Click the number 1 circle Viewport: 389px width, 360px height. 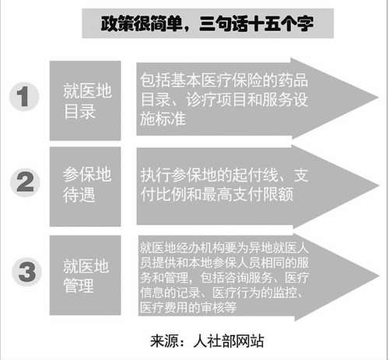point(24,96)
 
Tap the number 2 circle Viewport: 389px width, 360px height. point(25,182)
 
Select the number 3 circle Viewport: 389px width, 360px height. point(26,272)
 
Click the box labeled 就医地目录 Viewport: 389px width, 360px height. point(85,100)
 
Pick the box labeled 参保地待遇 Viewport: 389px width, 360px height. point(85,187)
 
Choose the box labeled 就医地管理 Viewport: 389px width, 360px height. point(85,275)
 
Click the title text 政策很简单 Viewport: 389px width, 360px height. point(142,23)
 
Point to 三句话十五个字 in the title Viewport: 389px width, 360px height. point(257,23)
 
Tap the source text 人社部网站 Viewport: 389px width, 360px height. point(229,341)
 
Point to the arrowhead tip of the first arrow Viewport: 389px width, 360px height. point(378,98)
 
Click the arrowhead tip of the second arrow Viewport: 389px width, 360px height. point(379,186)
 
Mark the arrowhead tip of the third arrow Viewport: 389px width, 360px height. point(380,276)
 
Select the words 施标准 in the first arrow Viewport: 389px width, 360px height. point(163,119)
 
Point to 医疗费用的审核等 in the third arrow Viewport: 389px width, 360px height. point(188,308)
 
